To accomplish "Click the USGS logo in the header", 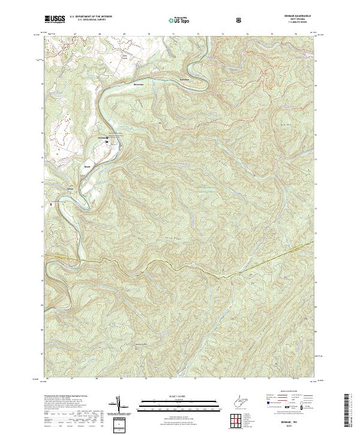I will click(56, 19).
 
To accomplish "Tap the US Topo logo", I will click(179, 20).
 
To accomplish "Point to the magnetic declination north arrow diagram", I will click(124, 405).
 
